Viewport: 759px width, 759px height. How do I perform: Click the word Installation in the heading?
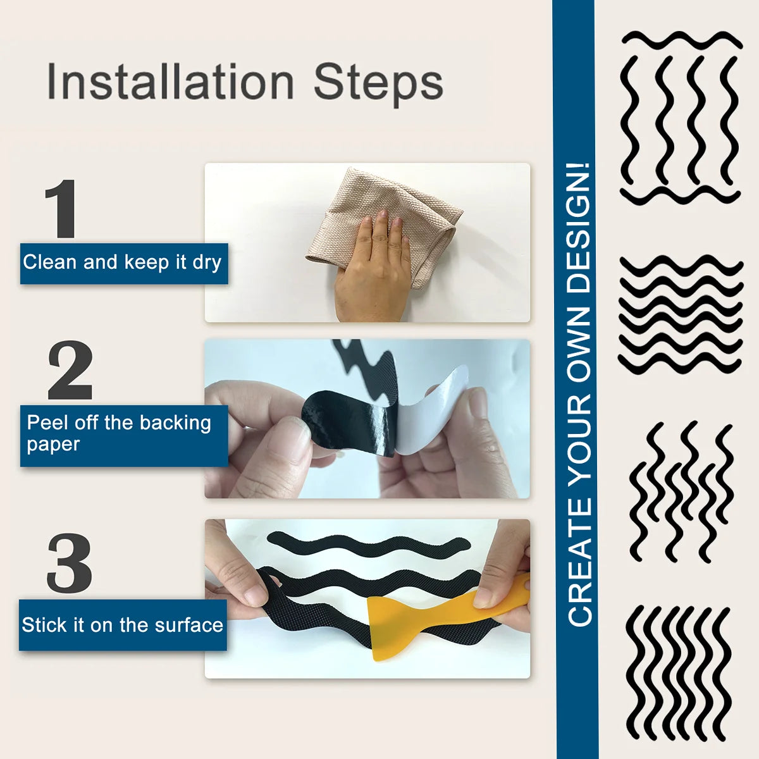pyautogui.click(x=171, y=81)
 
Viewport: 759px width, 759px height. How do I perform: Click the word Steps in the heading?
pyautogui.click(x=378, y=85)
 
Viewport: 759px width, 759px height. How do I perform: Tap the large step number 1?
pyautogui.click(x=61, y=208)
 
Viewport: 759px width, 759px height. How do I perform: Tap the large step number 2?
pyautogui.click(x=70, y=369)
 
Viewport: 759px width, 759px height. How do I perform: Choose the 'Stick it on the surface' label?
pyautogui.click(x=123, y=625)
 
